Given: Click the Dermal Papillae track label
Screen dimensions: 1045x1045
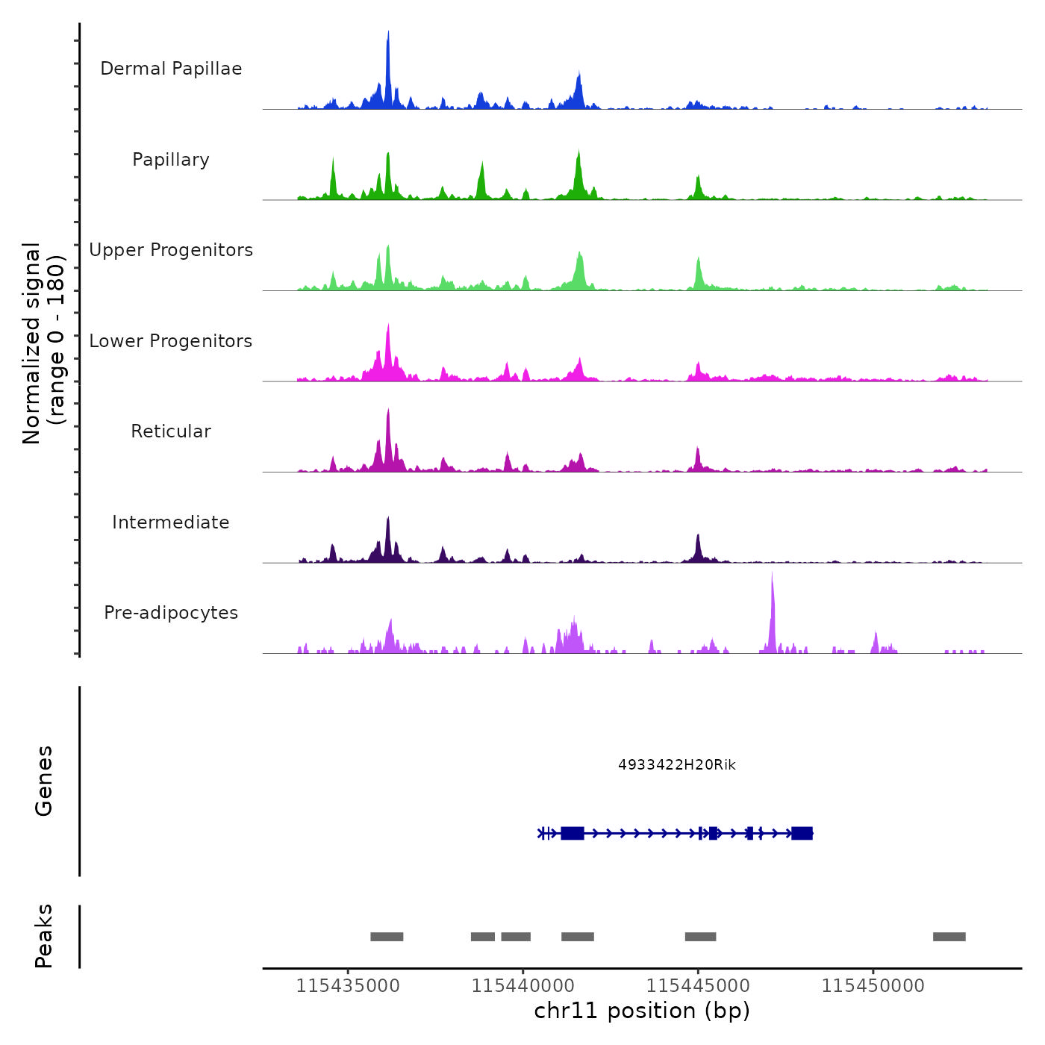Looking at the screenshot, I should tap(171, 69).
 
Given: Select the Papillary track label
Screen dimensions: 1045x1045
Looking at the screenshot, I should tap(171, 160).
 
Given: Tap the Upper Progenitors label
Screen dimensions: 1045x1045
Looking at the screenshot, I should tap(171, 250).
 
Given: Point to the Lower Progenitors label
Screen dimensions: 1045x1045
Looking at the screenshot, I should tap(171, 341).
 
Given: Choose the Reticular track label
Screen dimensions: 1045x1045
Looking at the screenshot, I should tap(171, 431).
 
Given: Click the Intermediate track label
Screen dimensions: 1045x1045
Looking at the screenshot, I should tap(171, 522).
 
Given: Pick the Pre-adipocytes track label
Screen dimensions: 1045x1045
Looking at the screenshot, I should tap(171, 613).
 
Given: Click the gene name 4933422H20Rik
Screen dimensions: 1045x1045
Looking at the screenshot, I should tap(677, 764).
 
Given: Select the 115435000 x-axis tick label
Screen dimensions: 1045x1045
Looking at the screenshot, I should tap(348, 985).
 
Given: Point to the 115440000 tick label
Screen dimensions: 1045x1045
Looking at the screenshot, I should tap(523, 985).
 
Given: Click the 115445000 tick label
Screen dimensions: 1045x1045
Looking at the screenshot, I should tap(698, 985).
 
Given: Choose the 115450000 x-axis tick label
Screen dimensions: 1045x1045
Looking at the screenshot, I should tap(873, 985).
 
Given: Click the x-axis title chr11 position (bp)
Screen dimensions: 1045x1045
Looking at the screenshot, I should tap(642, 1011).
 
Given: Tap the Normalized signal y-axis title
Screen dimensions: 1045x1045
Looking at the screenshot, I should tap(43, 343).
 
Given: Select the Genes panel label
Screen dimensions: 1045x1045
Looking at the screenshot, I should tap(44, 781).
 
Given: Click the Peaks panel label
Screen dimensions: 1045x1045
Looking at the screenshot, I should tap(44, 936).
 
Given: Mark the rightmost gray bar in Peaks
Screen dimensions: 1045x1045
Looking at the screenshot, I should tap(949, 937).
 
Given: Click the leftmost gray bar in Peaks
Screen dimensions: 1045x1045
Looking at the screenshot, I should tap(387, 937).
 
